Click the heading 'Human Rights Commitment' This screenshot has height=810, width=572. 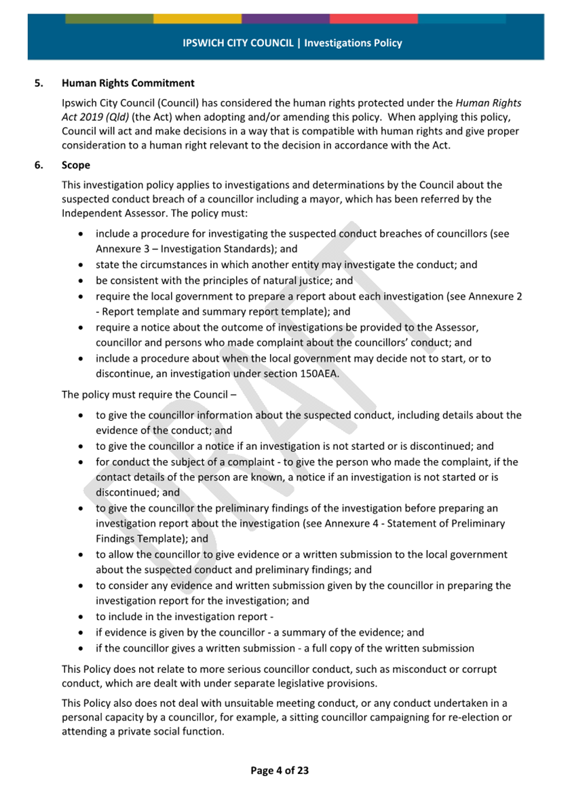point(128,83)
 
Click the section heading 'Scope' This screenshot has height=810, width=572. point(76,165)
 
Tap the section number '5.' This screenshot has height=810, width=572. point(39,83)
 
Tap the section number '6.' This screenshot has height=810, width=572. point(39,165)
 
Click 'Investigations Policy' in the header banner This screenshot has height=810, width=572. point(353,43)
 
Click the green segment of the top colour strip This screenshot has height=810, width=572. point(109,19)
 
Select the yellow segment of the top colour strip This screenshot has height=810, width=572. point(197,19)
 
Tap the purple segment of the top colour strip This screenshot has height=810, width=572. point(286,19)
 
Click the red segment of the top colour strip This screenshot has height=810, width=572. point(373,19)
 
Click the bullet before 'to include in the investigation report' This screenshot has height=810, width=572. point(81,617)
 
